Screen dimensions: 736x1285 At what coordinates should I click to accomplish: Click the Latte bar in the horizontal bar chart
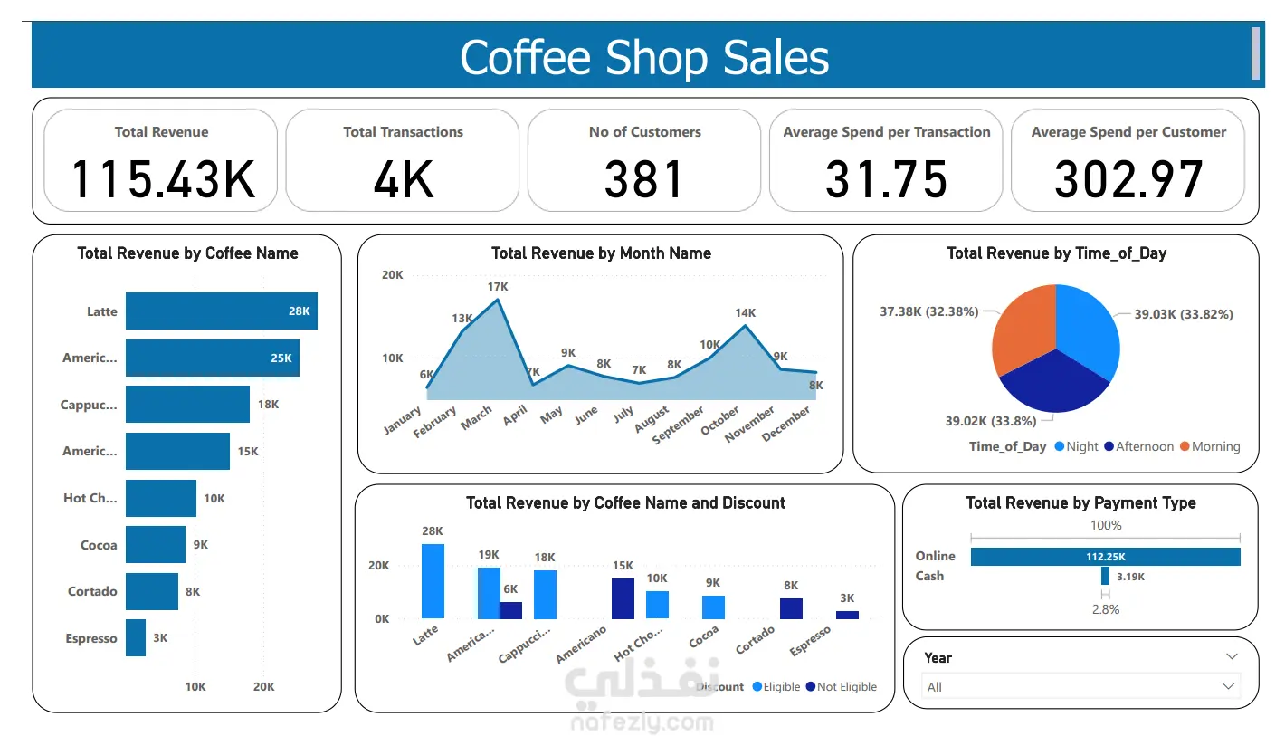click(x=221, y=311)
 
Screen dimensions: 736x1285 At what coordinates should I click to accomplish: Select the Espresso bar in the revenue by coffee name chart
click(x=136, y=638)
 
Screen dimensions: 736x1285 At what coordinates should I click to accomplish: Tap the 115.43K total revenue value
click(x=162, y=179)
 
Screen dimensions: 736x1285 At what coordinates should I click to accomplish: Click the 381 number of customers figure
click(x=644, y=179)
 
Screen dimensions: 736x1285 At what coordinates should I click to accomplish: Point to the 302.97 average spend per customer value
click(x=1128, y=179)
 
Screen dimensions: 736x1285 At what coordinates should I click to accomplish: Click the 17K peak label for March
click(x=498, y=287)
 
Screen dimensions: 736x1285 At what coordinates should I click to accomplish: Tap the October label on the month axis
click(x=721, y=420)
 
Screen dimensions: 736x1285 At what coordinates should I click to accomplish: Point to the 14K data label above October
click(x=745, y=313)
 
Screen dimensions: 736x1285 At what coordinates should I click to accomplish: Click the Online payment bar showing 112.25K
click(x=1105, y=557)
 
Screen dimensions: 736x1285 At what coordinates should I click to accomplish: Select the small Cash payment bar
click(x=1105, y=576)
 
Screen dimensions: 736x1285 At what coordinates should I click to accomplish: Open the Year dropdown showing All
click(x=1081, y=687)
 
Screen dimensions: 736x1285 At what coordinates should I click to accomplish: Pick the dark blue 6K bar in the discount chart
click(x=511, y=610)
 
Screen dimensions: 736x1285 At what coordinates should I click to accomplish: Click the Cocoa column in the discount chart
click(x=713, y=607)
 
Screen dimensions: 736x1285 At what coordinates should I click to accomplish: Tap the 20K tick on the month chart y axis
click(x=392, y=275)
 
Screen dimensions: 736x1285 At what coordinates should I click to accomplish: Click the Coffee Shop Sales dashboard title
click(x=643, y=57)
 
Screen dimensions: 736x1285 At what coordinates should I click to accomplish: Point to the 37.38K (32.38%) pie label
click(x=929, y=311)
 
